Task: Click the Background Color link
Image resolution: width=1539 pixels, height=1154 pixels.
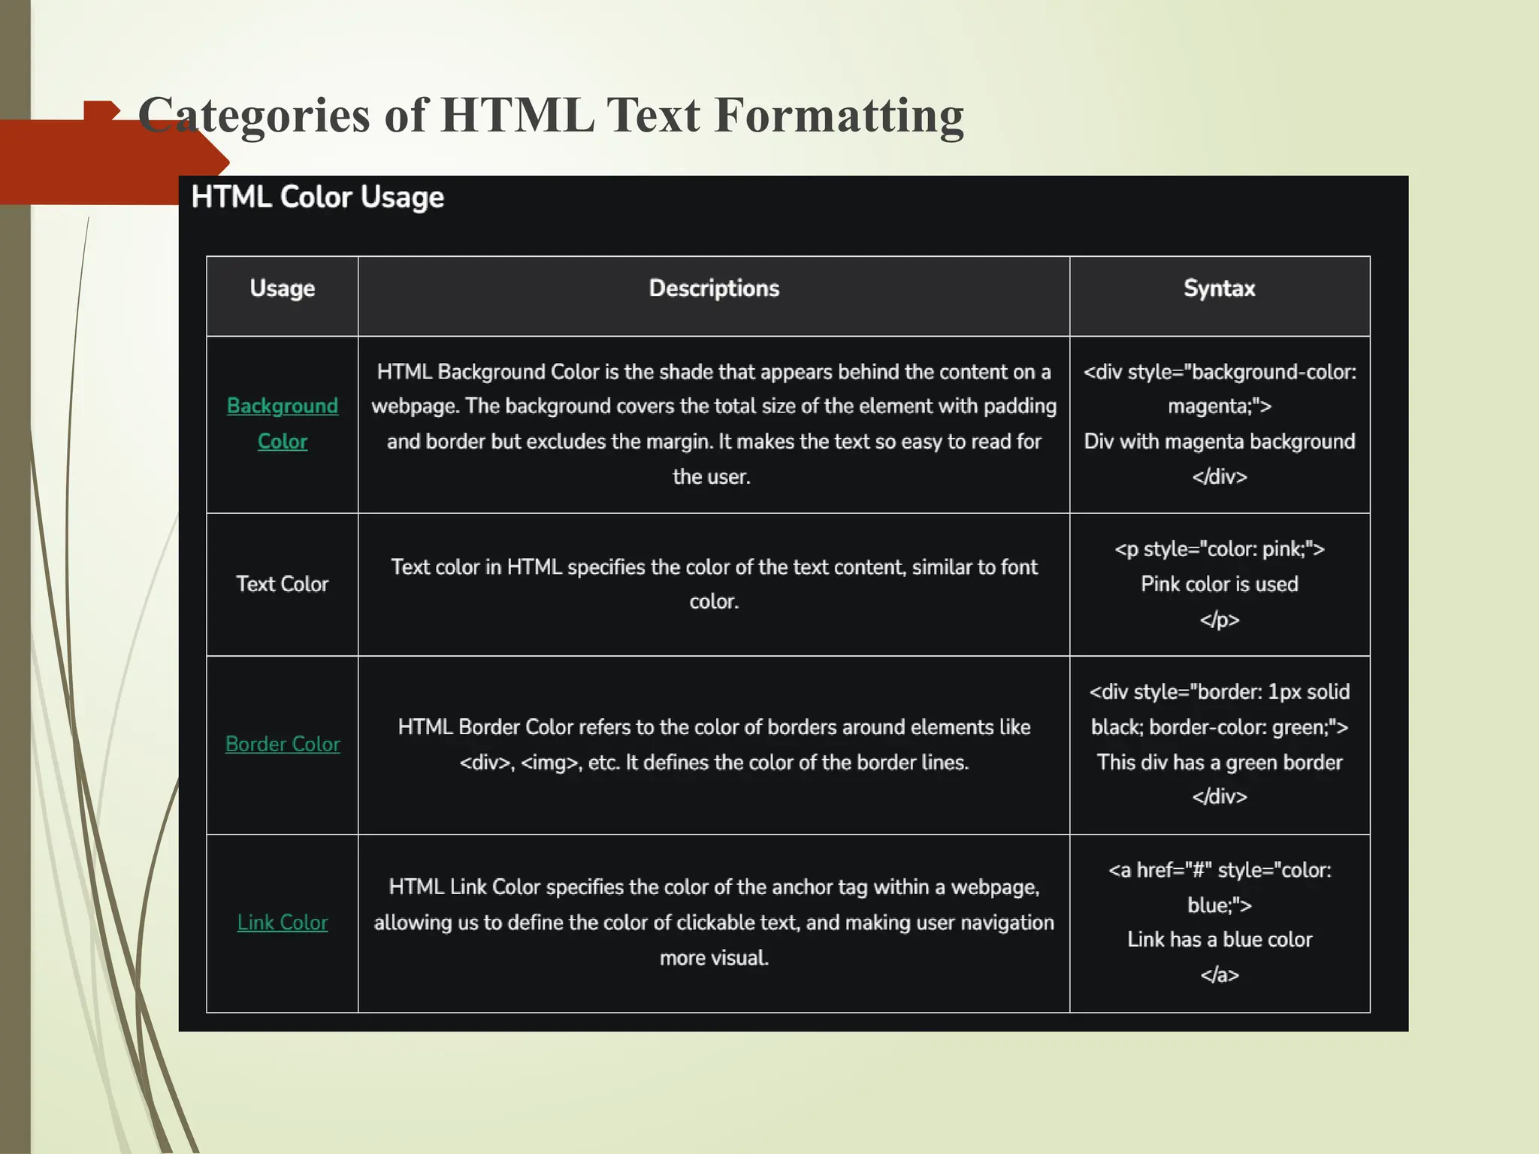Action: coord(283,423)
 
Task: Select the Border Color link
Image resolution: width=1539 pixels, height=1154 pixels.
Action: coord(283,744)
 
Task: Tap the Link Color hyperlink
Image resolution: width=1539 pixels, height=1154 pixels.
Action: coord(283,922)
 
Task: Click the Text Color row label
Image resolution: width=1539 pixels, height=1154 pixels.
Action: coord(283,584)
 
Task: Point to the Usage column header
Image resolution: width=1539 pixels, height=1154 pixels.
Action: coord(283,288)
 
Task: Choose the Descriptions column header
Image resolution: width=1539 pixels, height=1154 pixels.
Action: coord(714,288)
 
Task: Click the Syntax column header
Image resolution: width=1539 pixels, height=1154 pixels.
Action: coord(1219,288)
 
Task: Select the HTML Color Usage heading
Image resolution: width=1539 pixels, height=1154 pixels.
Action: coord(317,197)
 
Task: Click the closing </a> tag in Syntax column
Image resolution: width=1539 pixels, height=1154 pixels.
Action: coord(1219,974)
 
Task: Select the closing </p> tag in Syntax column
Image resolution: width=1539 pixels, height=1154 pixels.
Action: coord(1219,619)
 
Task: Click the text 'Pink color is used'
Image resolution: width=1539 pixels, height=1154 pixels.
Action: coord(1219,584)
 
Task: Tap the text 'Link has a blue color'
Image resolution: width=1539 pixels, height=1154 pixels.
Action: coord(1219,939)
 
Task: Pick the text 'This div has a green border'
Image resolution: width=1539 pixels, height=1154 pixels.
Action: coord(1219,762)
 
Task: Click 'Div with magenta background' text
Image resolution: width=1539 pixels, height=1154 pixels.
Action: coord(1219,441)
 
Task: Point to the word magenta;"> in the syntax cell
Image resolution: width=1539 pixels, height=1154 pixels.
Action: coord(1219,406)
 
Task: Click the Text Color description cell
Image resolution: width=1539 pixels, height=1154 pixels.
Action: coord(714,584)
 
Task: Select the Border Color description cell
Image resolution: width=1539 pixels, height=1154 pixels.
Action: coord(714,744)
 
